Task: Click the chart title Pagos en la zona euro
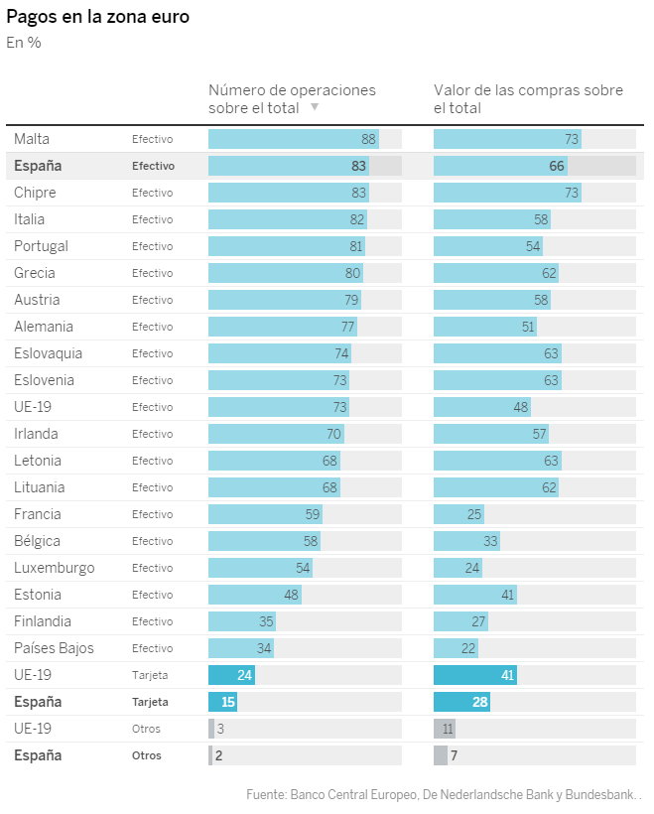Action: pos(97,17)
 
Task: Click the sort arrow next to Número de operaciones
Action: pos(315,107)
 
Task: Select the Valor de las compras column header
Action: pos(528,98)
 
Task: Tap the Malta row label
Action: pos(32,139)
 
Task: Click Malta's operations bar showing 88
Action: pos(294,139)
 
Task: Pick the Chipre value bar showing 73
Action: pos(507,193)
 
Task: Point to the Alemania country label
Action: pos(44,327)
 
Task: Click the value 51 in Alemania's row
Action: pos(528,327)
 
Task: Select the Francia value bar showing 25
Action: pos(458,514)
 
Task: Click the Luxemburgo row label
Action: pos(55,568)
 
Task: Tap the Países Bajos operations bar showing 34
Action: pos(241,648)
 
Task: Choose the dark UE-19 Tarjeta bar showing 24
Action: pos(232,675)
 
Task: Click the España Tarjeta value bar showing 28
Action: pos(462,702)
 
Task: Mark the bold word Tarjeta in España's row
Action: pos(150,702)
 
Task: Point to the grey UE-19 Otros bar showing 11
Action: pos(445,729)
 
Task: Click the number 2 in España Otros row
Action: pos(218,755)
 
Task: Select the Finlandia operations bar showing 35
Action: pos(242,621)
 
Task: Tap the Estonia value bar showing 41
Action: pos(475,595)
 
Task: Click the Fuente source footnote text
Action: pos(444,794)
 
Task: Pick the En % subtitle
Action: pos(24,43)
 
